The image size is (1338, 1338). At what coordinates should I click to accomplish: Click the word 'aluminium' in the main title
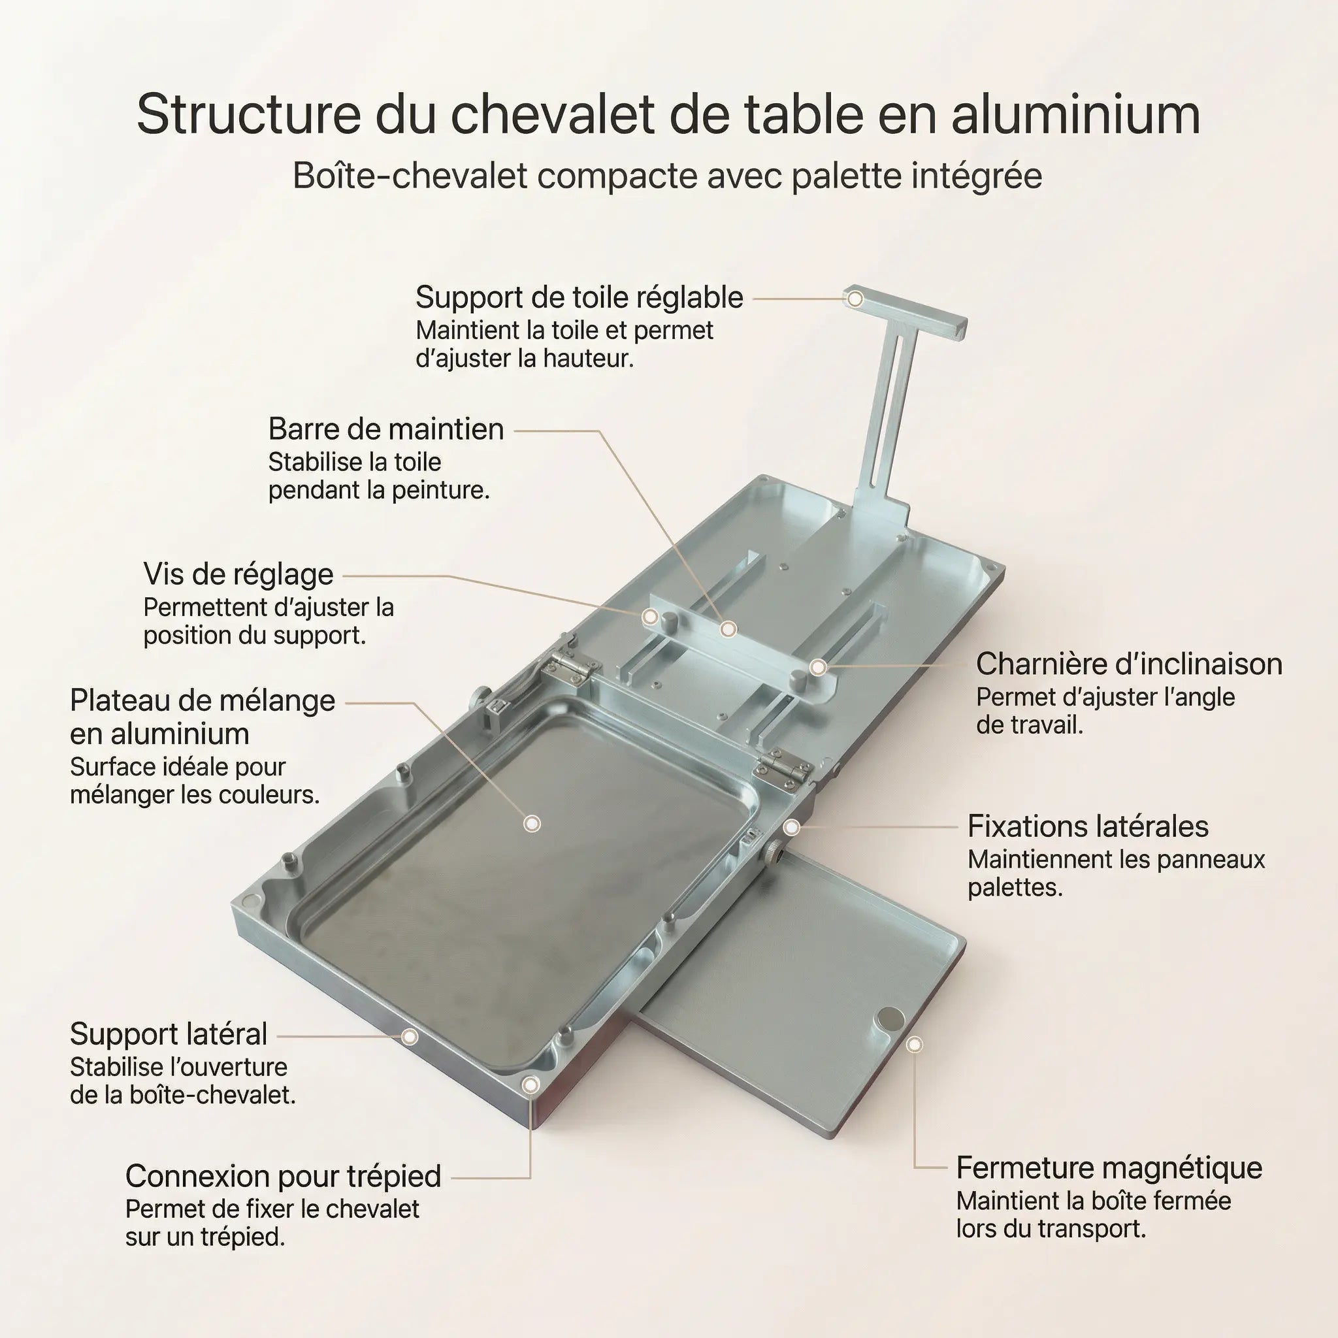pos(1075,114)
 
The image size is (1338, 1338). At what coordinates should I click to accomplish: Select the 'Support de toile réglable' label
pos(579,298)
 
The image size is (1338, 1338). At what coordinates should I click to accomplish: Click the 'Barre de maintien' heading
pos(385,429)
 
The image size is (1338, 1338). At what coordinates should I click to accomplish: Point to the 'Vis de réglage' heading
pos(238,574)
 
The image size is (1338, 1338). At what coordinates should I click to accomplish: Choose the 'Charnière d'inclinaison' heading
pos(1129,664)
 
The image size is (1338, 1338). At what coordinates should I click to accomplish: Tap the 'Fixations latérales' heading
pos(1087,826)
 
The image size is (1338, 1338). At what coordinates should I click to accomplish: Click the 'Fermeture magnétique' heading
pos(1109,1167)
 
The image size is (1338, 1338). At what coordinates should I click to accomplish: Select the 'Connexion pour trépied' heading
pos(284,1176)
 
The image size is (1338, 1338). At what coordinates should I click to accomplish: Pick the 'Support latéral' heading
pos(169,1034)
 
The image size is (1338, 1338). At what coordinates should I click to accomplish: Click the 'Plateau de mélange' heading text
pos(203,701)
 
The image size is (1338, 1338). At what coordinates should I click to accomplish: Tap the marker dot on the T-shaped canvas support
pos(855,299)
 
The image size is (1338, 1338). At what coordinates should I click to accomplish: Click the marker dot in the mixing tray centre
pos(532,823)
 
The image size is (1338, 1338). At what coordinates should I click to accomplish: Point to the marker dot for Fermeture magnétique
pos(914,1045)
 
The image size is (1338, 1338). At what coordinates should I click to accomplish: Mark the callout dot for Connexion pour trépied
pos(530,1085)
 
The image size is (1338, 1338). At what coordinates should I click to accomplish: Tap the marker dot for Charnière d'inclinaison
pos(818,667)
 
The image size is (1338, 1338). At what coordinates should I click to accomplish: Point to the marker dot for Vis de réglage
pos(649,616)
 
